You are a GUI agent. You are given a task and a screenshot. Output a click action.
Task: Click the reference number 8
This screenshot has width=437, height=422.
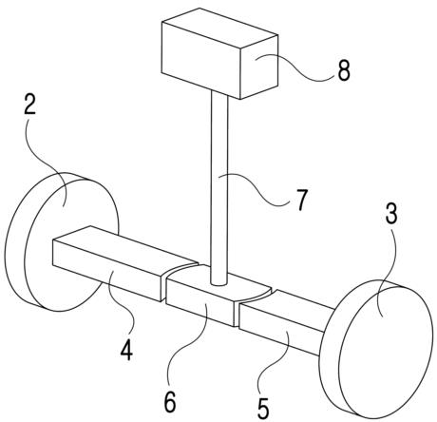coord(344,69)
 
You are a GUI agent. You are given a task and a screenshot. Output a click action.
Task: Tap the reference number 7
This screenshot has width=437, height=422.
coord(301,199)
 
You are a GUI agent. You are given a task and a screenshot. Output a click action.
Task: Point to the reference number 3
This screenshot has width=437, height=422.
coord(391,215)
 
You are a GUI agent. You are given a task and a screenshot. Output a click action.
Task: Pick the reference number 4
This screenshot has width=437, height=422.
coord(126,351)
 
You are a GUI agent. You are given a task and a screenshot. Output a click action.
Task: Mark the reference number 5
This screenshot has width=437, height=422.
coord(262,409)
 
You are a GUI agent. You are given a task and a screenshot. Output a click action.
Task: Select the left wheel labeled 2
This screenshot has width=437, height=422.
coord(62,241)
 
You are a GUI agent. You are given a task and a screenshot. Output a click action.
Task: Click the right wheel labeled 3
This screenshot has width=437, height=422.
coord(375,349)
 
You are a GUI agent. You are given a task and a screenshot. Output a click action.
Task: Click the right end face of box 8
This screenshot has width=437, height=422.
coord(259,67)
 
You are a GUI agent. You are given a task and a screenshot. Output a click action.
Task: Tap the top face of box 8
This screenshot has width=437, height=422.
coord(219,31)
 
